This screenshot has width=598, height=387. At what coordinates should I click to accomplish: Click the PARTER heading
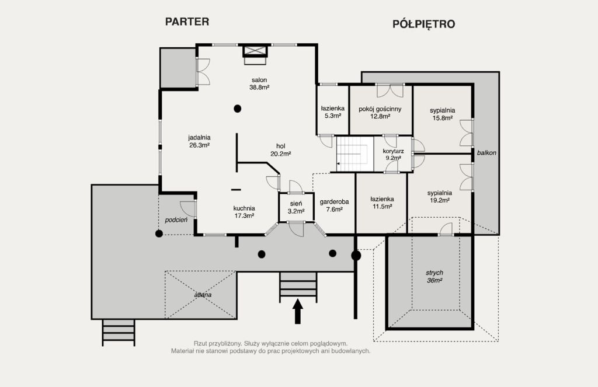click(187, 22)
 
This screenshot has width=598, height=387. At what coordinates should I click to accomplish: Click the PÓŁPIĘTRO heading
click(424, 24)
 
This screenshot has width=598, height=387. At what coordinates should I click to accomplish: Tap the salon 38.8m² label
click(259, 83)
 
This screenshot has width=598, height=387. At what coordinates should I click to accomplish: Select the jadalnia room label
click(199, 141)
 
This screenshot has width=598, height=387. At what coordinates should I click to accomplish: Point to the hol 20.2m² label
click(281, 150)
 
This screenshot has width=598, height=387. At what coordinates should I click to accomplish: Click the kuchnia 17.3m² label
click(244, 212)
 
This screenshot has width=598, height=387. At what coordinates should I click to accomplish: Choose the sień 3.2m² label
click(296, 207)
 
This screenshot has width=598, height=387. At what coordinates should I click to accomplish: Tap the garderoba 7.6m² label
click(334, 205)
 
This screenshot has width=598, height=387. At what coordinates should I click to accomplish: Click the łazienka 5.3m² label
click(332, 112)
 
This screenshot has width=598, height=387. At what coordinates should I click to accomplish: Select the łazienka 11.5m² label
click(382, 203)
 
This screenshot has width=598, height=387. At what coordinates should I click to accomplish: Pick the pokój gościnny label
click(380, 113)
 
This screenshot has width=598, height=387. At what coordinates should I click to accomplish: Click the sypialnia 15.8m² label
click(443, 114)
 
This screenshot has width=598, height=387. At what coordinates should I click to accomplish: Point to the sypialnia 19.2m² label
click(440, 196)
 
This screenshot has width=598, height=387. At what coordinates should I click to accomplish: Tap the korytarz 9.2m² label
click(393, 155)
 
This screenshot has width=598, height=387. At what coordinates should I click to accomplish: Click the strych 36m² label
click(434, 277)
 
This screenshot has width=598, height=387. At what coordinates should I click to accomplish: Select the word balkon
click(486, 153)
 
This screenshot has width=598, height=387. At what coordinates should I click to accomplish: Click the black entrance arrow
click(297, 311)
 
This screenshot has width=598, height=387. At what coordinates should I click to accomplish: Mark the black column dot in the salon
click(237, 109)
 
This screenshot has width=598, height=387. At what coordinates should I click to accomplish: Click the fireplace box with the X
click(255, 51)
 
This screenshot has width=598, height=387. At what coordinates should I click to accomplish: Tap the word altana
click(203, 295)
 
